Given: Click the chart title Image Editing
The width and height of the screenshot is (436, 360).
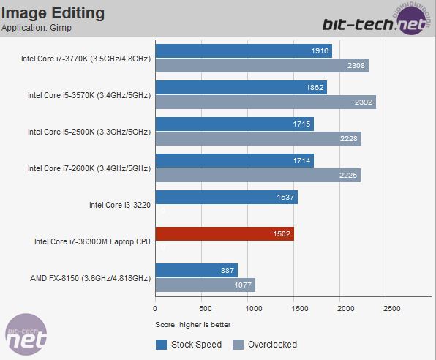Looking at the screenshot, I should pyautogui.click(x=53, y=13).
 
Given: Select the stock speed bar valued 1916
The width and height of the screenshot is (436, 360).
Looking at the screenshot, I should pyautogui.click(x=243, y=50).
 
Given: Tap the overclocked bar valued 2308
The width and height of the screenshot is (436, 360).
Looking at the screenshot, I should pyautogui.click(x=261, y=65).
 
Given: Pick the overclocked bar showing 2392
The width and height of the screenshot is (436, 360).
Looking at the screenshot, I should pyautogui.click(x=265, y=102).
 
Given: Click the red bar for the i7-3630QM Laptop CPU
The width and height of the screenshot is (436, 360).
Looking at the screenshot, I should pyautogui.click(x=224, y=234).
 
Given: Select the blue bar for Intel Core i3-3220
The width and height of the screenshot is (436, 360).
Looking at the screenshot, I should pyautogui.click(x=226, y=197).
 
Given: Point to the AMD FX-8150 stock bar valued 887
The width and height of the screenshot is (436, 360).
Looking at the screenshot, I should pyautogui.click(x=196, y=270).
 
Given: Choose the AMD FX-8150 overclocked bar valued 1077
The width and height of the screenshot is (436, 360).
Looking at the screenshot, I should pyautogui.click(x=205, y=285).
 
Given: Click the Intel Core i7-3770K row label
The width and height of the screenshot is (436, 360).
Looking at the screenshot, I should pyautogui.click(x=86, y=59).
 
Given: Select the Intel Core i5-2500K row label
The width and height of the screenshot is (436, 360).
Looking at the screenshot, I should pyautogui.click(x=89, y=132).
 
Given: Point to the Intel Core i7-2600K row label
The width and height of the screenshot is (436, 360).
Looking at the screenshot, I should pyautogui.click(x=89, y=168).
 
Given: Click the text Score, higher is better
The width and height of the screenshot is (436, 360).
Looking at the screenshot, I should pyautogui.click(x=192, y=324).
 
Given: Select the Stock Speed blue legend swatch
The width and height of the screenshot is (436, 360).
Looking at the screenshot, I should pyautogui.click(x=162, y=344).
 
